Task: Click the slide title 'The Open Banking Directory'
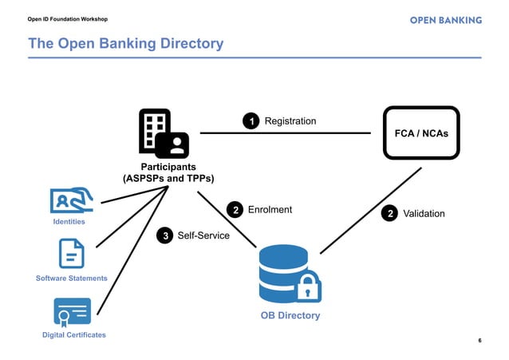pos(126,44)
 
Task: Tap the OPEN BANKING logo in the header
pos(445,19)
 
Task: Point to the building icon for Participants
pos(164,133)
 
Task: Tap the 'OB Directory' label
pos(290,315)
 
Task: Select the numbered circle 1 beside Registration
pos(251,121)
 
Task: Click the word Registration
pos(290,121)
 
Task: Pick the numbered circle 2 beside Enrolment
pos(235,211)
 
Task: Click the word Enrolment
pos(270,210)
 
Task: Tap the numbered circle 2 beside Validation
pos(389,214)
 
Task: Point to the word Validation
pos(424,214)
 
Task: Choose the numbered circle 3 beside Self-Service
pos(164,236)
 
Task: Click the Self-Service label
pos(203,236)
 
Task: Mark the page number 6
pos(479,341)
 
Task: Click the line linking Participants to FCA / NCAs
pos(287,133)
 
